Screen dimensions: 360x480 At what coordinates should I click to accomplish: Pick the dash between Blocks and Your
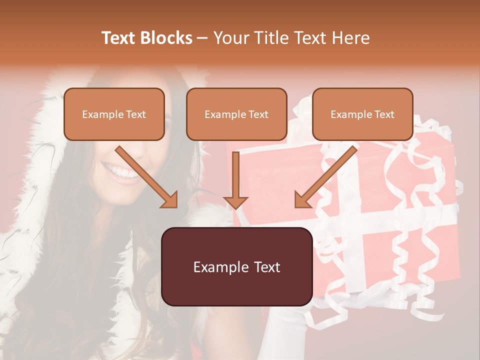point(202,38)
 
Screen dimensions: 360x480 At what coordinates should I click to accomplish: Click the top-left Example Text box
point(114,114)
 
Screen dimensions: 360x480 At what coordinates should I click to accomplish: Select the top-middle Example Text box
point(236,114)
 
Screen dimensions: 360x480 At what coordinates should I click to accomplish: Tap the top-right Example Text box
point(362,114)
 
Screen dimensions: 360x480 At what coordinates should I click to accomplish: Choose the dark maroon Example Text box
point(236,266)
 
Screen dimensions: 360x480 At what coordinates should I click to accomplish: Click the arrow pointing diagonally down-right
point(146,177)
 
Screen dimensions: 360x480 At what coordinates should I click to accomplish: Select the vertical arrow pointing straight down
point(235,180)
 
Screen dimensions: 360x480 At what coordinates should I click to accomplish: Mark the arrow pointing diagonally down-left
point(325,177)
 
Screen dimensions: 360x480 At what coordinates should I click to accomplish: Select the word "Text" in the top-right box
point(384,114)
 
